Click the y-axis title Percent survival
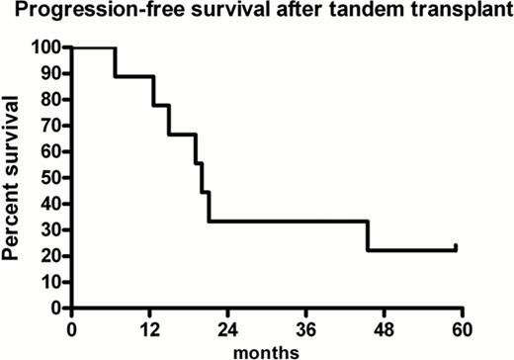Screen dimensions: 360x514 14,176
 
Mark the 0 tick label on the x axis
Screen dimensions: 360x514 71,327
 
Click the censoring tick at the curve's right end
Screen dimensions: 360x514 456,247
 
